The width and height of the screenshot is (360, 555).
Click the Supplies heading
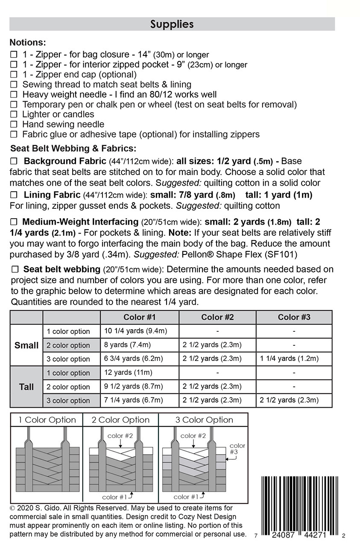tap(172, 24)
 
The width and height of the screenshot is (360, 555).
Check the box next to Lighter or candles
tap(14, 114)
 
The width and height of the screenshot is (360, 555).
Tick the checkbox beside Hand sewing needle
tap(14, 125)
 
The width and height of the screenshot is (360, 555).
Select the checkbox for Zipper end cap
tap(14, 75)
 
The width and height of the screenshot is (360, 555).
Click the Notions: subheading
tap(28, 43)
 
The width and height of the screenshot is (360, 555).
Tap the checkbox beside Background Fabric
tap(14, 161)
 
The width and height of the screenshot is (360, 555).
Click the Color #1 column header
tap(140, 317)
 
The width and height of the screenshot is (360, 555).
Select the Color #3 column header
tap(294, 317)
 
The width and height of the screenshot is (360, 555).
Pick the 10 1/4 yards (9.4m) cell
tap(135, 331)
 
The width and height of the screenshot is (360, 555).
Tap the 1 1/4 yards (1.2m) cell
tap(289, 359)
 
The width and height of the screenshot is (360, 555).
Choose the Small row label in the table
tap(26, 345)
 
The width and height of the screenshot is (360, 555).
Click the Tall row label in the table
tap(26, 387)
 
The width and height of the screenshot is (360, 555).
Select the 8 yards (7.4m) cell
tap(127, 345)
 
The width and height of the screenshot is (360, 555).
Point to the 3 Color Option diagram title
tap(204, 420)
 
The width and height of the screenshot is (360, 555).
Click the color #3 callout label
tap(237, 449)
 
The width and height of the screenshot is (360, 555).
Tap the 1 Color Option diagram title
tap(47, 420)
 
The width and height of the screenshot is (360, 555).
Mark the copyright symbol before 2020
tap(12, 508)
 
